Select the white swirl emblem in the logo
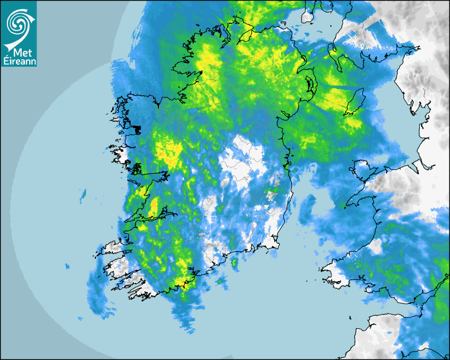pyautogui.click(x=19, y=24)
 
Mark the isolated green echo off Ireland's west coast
pyautogui.click(x=83, y=194)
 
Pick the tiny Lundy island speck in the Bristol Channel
pyautogui.click(x=350, y=318)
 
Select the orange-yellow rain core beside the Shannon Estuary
pyautogui.click(x=154, y=205)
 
